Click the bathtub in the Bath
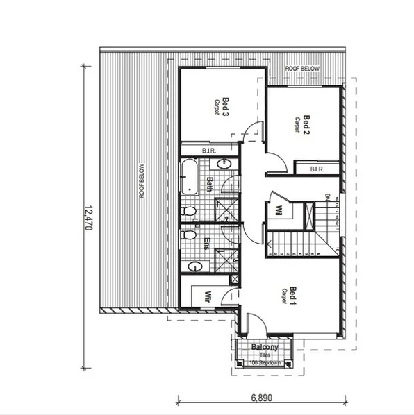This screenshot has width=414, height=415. tap(188, 176)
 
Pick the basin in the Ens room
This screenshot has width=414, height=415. tap(195, 266)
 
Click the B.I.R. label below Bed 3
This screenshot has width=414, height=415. tap(208, 151)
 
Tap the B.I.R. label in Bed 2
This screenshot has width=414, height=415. tap(317, 168)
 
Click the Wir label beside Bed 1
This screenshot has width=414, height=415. tap(206, 298)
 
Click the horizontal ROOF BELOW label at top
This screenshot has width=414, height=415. tap(301, 69)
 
